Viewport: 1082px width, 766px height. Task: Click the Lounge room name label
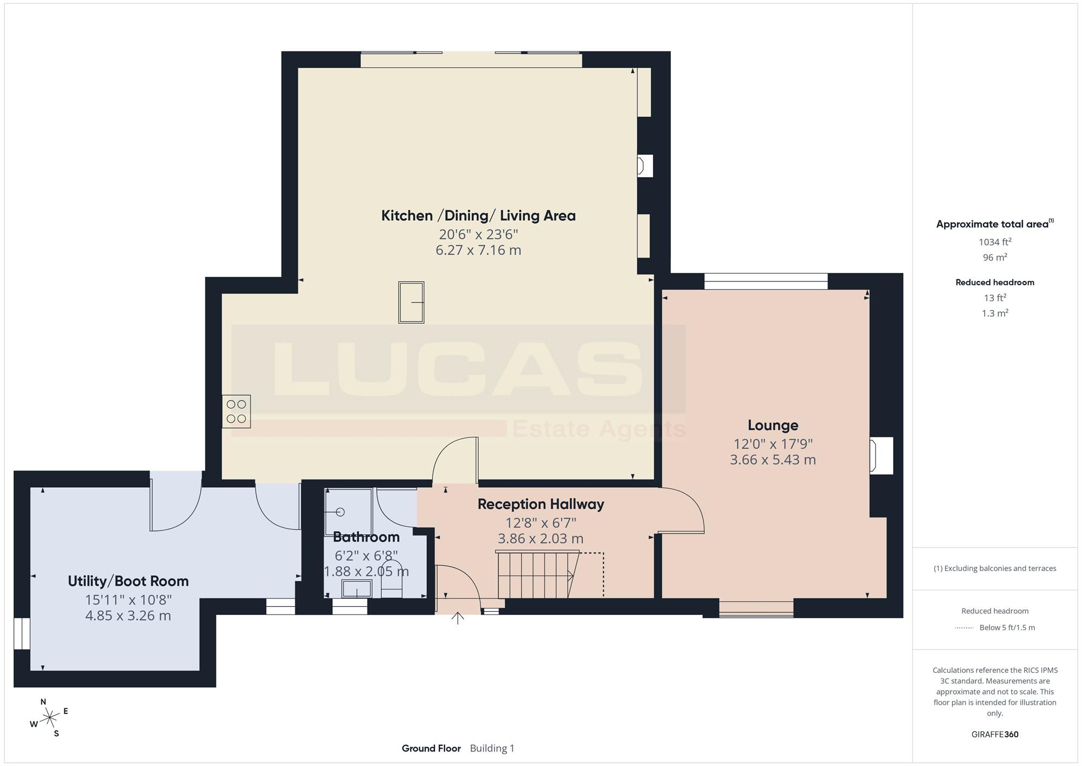click(x=773, y=425)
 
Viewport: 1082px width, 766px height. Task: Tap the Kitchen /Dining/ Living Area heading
click(x=478, y=215)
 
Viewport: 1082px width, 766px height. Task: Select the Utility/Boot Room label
click(x=128, y=581)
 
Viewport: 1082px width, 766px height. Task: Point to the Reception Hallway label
click(x=540, y=505)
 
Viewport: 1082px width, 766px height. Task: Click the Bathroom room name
click(x=366, y=537)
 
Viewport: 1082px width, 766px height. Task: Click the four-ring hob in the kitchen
click(x=236, y=411)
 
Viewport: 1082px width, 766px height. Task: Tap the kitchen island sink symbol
click(x=411, y=302)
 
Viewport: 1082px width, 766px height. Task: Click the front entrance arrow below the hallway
click(x=458, y=618)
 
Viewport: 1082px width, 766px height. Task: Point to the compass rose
click(x=49, y=718)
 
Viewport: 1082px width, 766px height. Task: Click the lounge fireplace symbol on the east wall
click(x=881, y=456)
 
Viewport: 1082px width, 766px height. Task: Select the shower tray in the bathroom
click(x=348, y=512)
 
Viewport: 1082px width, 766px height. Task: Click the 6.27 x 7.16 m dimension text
click(x=478, y=250)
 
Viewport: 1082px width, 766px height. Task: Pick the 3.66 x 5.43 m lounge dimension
click(x=773, y=460)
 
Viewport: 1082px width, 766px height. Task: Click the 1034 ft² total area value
click(x=995, y=242)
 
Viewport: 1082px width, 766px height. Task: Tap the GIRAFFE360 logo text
click(x=995, y=735)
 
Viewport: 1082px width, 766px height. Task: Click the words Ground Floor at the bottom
click(x=431, y=749)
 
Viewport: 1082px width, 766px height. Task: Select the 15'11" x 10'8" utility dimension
click(x=128, y=600)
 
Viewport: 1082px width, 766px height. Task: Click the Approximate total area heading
click(x=995, y=224)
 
